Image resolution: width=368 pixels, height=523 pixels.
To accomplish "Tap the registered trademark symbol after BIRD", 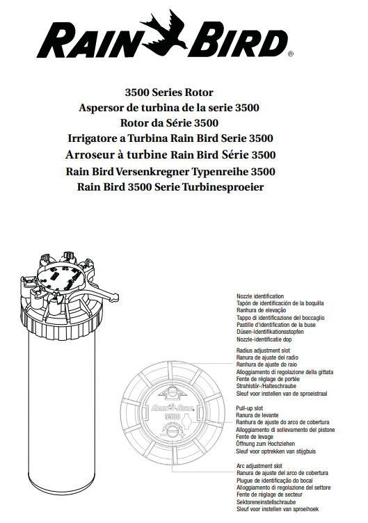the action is tap(290, 53).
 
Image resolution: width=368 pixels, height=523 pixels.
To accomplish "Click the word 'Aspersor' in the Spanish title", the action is tap(104, 108).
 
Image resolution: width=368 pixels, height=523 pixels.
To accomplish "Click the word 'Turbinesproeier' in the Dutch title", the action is tap(222, 186).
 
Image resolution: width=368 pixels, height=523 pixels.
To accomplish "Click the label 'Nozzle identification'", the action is tap(260, 296).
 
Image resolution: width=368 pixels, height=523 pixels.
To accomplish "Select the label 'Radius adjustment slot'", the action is tap(263, 351).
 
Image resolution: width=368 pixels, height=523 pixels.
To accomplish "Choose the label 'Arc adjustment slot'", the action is tap(259, 465).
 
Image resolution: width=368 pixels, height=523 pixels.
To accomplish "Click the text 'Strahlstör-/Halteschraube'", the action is tap(266, 387).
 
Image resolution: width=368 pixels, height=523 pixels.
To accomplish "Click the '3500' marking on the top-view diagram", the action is tap(171, 425).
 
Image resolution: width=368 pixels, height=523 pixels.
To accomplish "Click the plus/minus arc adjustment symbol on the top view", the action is tap(170, 444).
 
